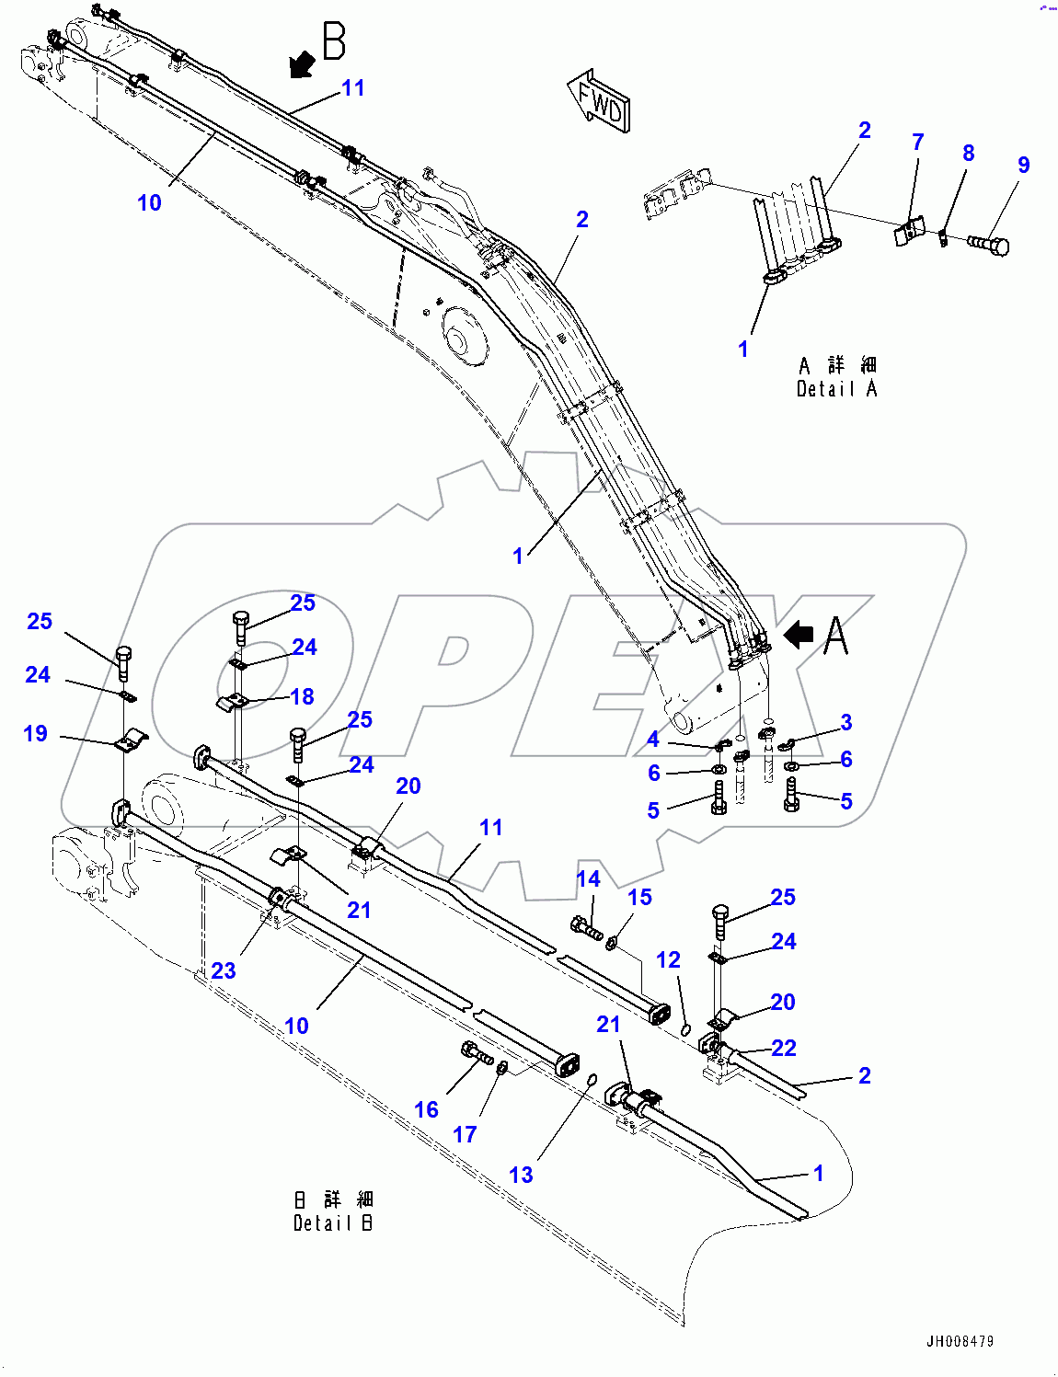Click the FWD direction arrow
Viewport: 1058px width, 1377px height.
(598, 100)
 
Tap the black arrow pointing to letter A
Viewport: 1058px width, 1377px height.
(799, 634)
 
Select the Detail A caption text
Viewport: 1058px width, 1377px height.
(836, 378)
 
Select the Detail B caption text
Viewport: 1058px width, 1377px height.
(333, 1211)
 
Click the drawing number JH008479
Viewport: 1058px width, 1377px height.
(960, 1341)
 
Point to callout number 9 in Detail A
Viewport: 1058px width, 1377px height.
(1023, 165)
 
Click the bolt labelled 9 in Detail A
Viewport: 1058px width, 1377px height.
(989, 245)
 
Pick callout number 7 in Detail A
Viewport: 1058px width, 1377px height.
(917, 142)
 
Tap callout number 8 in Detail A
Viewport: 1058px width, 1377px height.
(968, 153)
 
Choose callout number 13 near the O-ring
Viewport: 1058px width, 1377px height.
(521, 1175)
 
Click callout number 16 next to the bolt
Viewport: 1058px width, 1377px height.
(426, 1109)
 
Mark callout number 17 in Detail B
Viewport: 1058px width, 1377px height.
(465, 1134)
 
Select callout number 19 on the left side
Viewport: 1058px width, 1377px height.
(35, 733)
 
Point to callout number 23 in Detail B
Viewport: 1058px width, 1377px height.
(224, 970)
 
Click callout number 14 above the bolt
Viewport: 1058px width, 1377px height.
(588, 878)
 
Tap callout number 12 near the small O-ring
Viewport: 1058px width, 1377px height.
(668, 959)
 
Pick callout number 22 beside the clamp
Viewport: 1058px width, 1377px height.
(784, 1048)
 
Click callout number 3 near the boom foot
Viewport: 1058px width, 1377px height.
(845, 722)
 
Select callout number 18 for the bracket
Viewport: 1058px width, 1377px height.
(302, 696)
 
